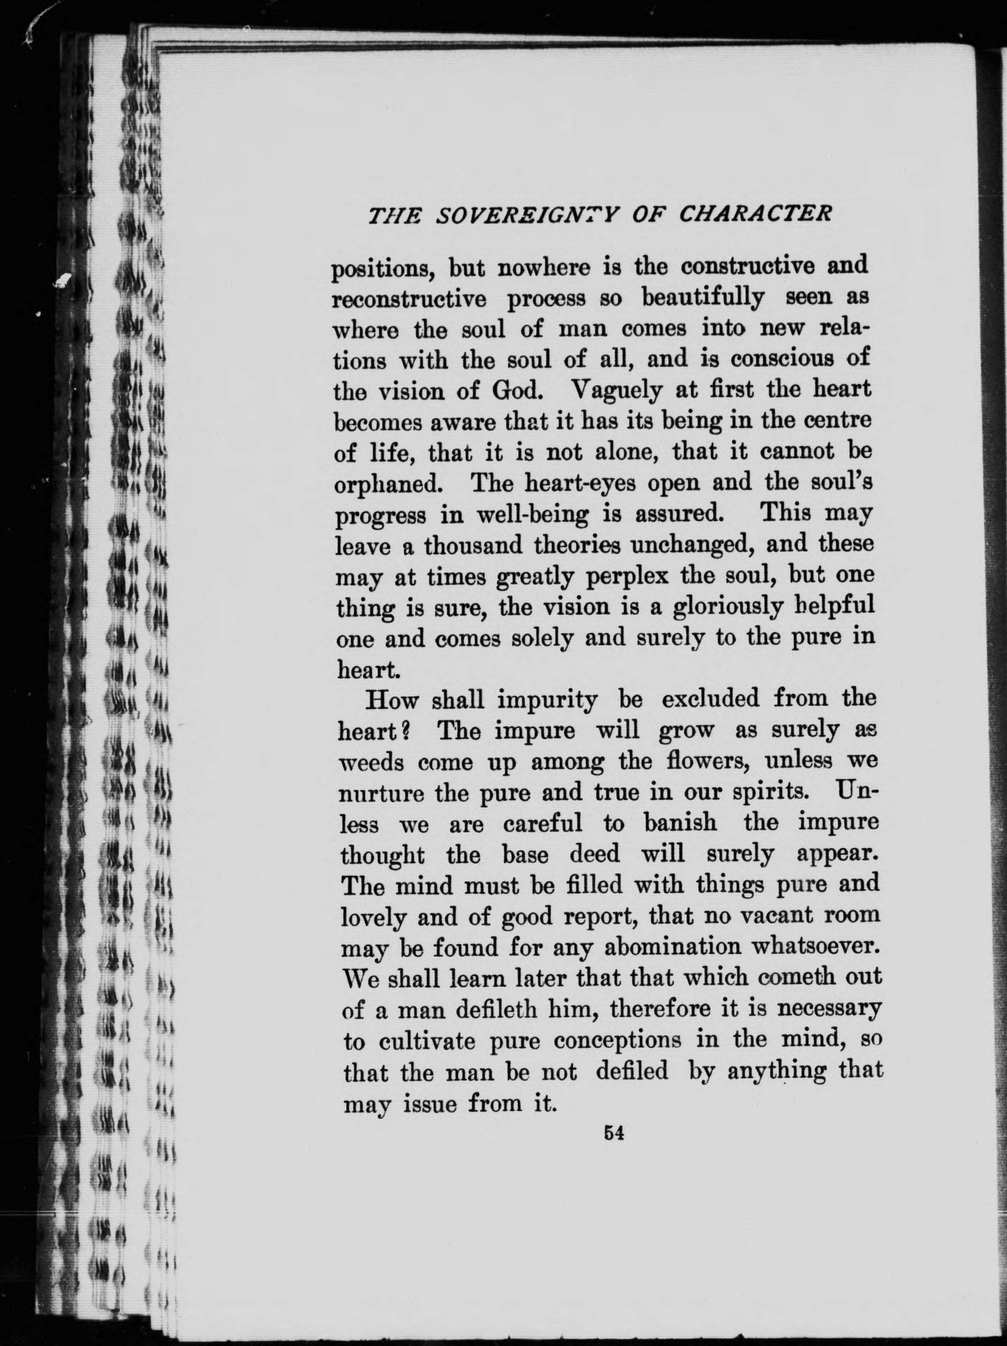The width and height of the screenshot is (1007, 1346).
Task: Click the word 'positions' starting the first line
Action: (x=381, y=269)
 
